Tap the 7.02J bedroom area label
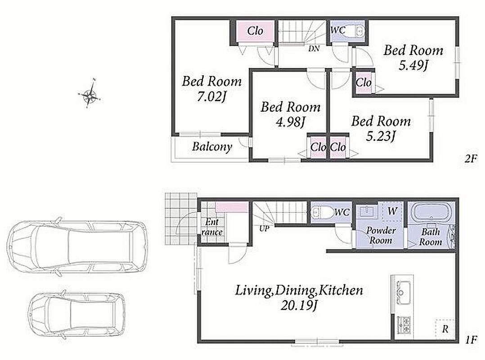[x=211, y=97]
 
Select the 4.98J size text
[x=291, y=122]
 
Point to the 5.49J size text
[x=413, y=65]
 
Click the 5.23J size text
[x=381, y=136]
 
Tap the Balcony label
[x=212, y=146]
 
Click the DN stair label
[x=314, y=49]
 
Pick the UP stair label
[x=264, y=229]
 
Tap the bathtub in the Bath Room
[x=430, y=212]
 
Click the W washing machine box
[x=392, y=211]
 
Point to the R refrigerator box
[x=445, y=329]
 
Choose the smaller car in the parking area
[x=77, y=315]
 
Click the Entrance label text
[x=212, y=227]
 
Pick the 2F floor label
[x=471, y=159]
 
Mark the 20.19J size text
[x=299, y=306]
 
